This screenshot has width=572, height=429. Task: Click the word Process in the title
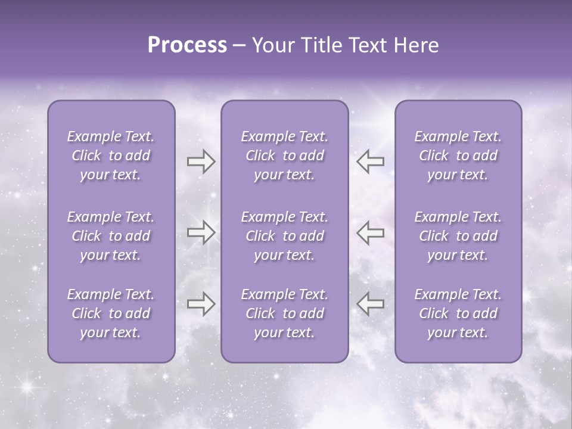pos(187,45)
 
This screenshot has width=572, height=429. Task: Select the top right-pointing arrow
pos(201,161)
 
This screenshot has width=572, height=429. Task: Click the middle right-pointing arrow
pos(201,232)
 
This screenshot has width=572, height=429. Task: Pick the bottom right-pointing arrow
pos(201,304)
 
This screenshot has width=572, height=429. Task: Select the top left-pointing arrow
pos(370,161)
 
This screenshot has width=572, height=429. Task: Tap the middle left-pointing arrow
pos(370,232)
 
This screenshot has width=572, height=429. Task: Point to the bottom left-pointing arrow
pos(370,304)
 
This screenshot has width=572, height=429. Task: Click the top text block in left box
pos(111,156)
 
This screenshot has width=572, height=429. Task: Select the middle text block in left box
pos(111,236)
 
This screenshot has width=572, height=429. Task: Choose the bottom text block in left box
pos(111,313)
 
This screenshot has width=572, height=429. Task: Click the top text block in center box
pos(284,156)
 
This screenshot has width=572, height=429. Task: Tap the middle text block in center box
pos(284,236)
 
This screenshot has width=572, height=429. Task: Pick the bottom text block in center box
pos(284,313)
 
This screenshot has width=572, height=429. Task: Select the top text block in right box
pos(458,156)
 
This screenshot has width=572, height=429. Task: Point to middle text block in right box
pos(458,236)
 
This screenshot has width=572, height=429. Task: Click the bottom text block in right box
pos(458,313)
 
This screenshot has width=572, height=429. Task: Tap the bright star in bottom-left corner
pos(26,387)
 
